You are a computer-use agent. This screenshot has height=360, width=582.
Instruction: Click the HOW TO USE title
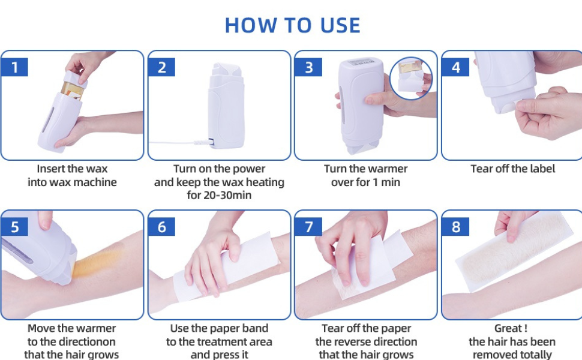(x=292, y=25)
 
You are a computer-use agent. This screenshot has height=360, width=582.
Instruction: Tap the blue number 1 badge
(x=14, y=67)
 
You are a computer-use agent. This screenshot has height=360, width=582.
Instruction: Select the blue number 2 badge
(x=161, y=67)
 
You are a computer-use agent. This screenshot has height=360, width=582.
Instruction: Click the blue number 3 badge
(x=308, y=67)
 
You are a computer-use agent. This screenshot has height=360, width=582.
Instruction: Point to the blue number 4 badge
(x=455, y=67)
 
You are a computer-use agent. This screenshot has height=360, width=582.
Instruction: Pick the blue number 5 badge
(x=14, y=227)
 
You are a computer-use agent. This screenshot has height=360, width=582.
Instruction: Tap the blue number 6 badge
(x=161, y=227)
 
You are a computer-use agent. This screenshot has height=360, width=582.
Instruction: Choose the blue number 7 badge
(x=308, y=227)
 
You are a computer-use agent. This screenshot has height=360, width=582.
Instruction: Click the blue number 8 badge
(x=455, y=227)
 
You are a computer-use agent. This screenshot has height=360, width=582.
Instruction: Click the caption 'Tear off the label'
(x=512, y=169)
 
